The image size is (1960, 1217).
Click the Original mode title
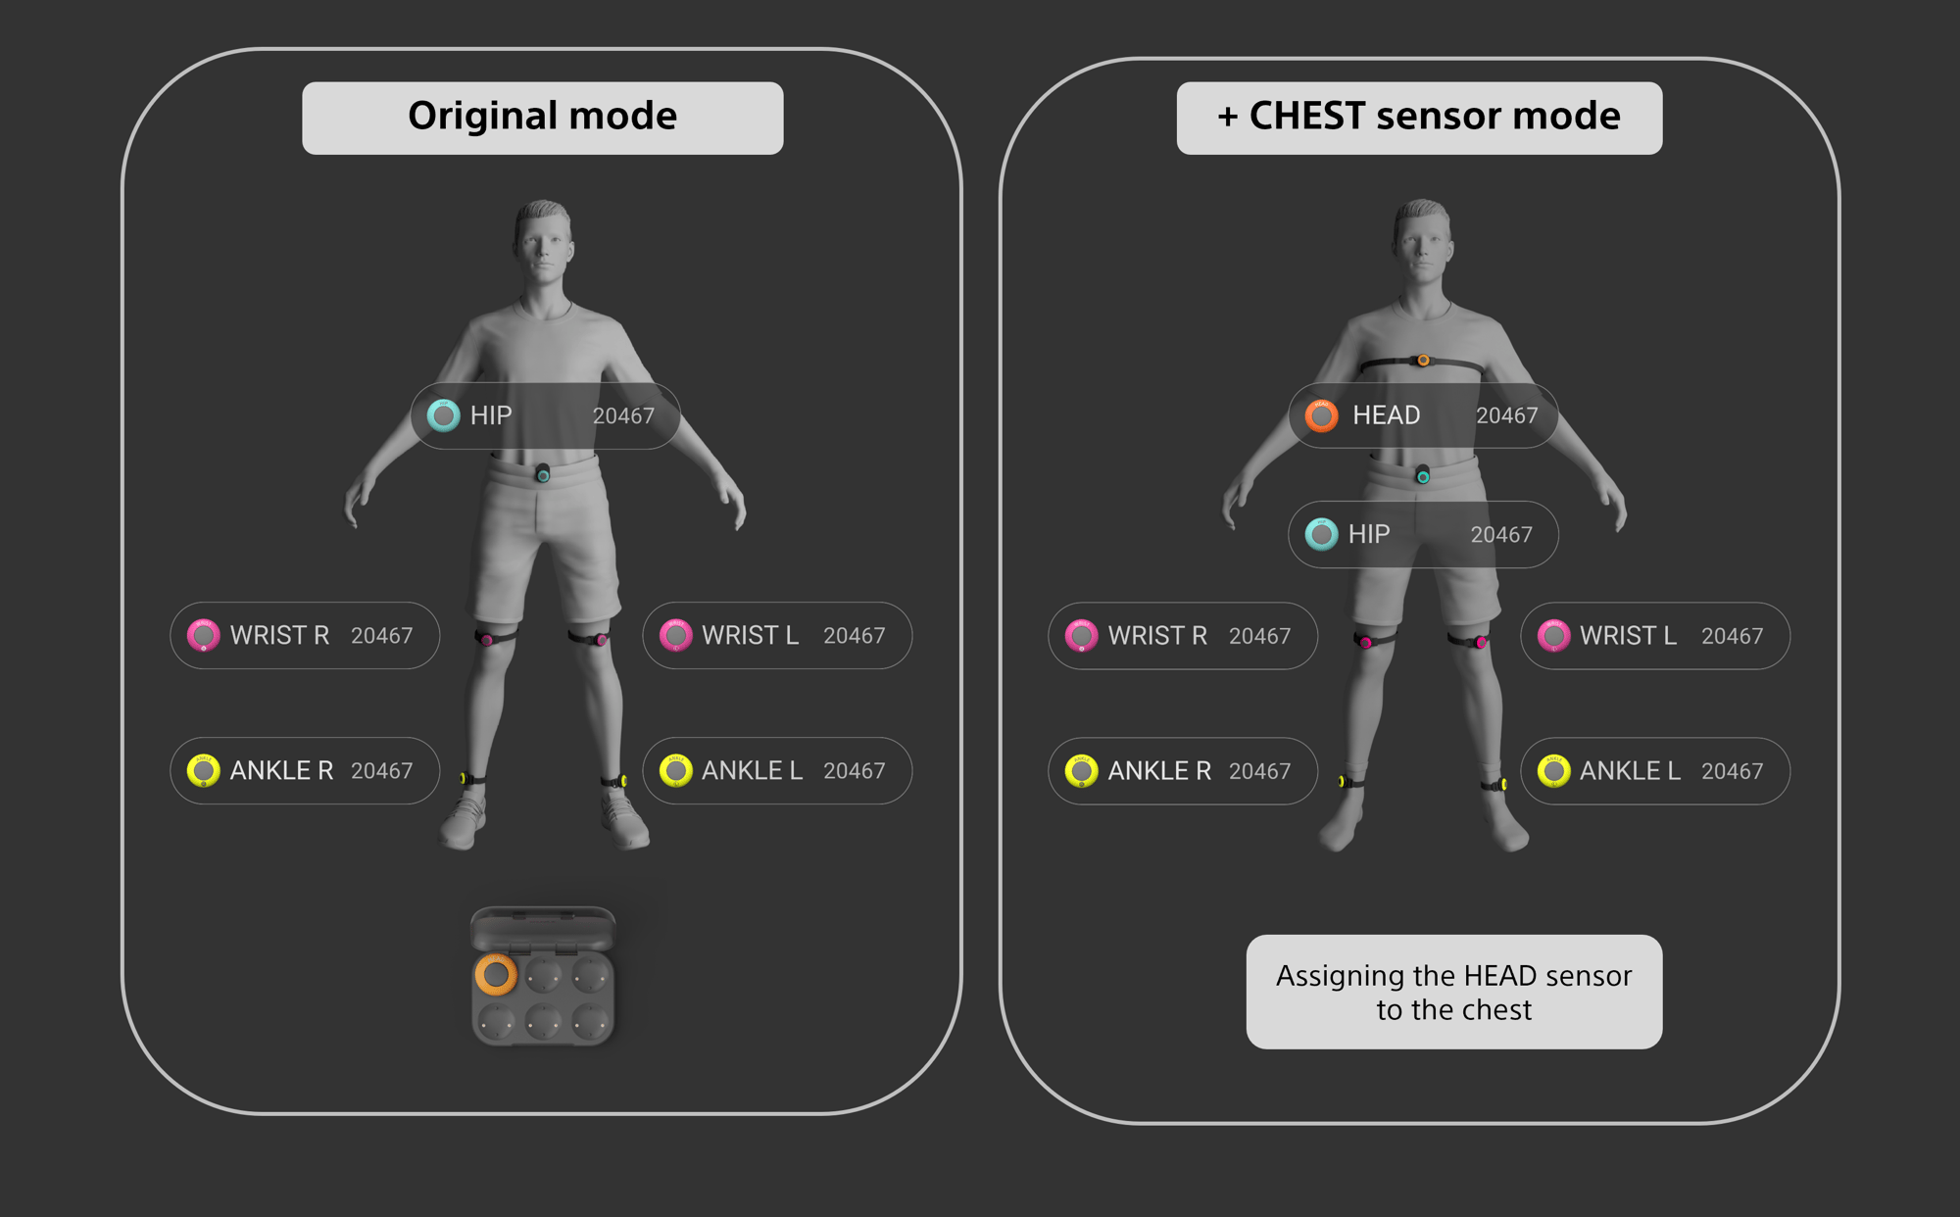[x=542, y=117]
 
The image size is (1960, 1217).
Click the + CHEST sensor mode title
[x=1418, y=117]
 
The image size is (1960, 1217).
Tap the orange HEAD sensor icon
[x=1321, y=415]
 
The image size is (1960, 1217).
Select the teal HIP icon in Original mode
[x=443, y=415]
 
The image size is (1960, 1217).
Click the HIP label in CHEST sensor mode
[x=1368, y=534]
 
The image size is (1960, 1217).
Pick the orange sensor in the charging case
[x=496, y=975]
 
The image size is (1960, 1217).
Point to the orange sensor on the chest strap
[x=1423, y=361]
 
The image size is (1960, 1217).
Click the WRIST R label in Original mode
[x=279, y=635]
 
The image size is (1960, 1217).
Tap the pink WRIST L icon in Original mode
[x=675, y=635]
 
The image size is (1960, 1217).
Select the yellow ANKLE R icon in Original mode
[x=203, y=770]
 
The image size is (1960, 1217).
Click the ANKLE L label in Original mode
[x=752, y=770]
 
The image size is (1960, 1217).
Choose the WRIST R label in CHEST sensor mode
[x=1157, y=636]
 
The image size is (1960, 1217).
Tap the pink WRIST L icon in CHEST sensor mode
[x=1553, y=636]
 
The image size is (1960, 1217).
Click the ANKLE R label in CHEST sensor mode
[x=1159, y=771]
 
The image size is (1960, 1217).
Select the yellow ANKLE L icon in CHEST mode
[x=1553, y=771]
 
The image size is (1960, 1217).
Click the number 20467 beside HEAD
[x=1506, y=415]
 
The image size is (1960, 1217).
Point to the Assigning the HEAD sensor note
[x=1453, y=992]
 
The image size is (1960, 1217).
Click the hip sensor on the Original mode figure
[x=543, y=474]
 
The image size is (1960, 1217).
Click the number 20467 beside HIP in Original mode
[x=623, y=415]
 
